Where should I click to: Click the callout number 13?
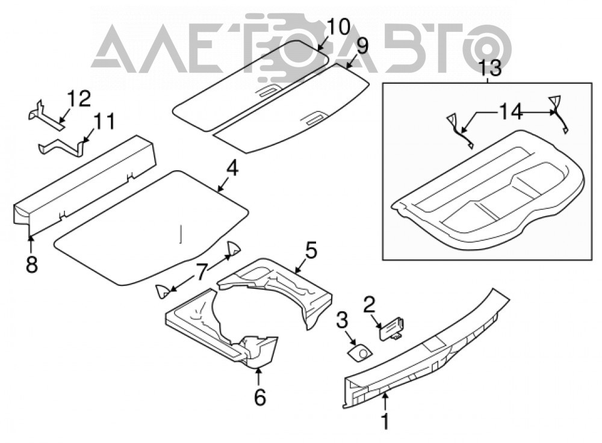(x=490, y=69)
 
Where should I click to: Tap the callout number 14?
(x=510, y=113)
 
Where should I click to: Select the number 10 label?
(x=338, y=27)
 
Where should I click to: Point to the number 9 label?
(x=361, y=46)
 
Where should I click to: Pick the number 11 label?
(x=104, y=122)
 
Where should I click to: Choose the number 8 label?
(x=32, y=265)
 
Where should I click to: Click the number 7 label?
(x=202, y=272)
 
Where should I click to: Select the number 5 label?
(x=311, y=250)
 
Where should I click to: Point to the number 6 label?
(x=260, y=397)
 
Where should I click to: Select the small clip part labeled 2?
(x=393, y=328)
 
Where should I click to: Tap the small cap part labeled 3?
(x=360, y=352)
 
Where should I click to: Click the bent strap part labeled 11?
(x=63, y=148)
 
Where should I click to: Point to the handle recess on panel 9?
(x=315, y=119)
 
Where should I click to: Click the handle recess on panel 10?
(x=268, y=91)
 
